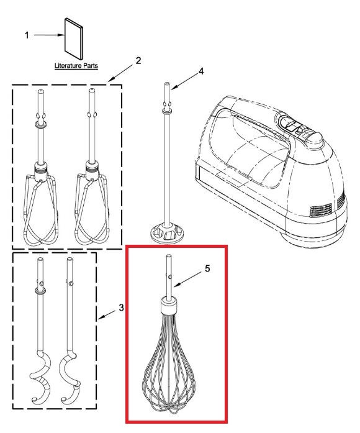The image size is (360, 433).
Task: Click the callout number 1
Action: coord(27,35)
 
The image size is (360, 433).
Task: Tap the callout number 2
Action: coord(138,60)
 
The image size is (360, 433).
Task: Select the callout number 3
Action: coord(121,308)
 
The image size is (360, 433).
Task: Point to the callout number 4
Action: coord(201,71)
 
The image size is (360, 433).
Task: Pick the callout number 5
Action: coord(207,268)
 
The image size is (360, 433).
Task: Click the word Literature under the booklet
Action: coord(68,66)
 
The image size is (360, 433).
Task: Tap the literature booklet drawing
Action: coord(74,39)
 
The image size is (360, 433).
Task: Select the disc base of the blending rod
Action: coord(167,234)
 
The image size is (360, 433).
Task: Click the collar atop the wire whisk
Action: coord(169,306)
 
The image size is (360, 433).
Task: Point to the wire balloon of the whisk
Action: coord(169,365)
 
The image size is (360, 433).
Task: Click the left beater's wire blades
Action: coord(41,210)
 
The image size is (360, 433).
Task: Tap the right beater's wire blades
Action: coord(92,210)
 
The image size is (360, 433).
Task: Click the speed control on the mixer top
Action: coord(297,127)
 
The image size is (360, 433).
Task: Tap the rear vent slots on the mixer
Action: coord(320,210)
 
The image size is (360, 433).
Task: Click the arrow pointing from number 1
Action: coord(49,35)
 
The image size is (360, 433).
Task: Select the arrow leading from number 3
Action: coord(107,316)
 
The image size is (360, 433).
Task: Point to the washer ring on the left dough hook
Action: coord(40,291)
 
